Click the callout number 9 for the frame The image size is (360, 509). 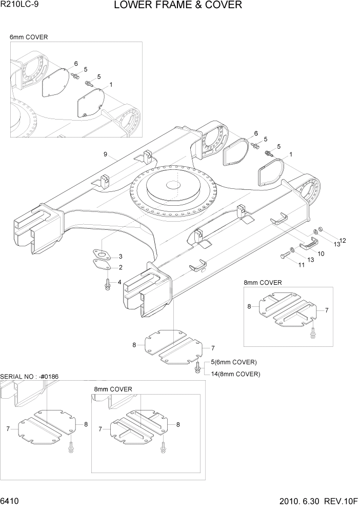pos(105,154)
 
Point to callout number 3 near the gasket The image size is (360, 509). pos(120,256)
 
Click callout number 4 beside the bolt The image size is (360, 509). pos(119,282)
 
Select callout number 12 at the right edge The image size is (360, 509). pos(343,241)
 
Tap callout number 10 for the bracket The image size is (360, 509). pos(321,253)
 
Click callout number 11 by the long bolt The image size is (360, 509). pos(302,264)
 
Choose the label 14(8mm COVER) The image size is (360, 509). pos(235,374)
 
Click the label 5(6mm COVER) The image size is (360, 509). pos(234,362)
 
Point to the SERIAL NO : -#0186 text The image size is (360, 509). pos(30,377)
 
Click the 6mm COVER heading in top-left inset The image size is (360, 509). pos(29,37)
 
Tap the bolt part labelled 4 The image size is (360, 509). pos(108,283)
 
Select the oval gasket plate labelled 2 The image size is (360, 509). pos(102,265)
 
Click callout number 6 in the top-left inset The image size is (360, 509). pos(76,64)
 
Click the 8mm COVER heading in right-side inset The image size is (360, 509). pos(263,283)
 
